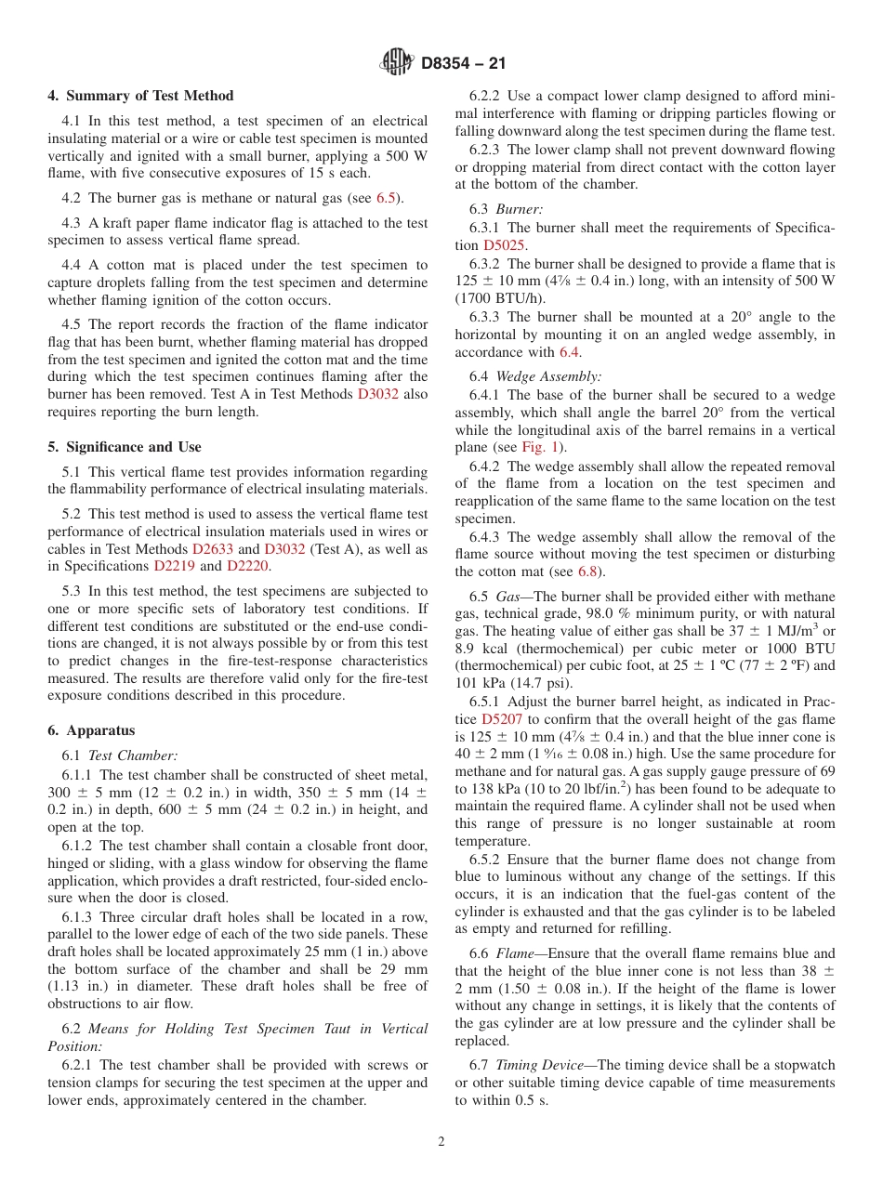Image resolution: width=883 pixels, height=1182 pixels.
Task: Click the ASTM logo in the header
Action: pyautogui.click(x=398, y=63)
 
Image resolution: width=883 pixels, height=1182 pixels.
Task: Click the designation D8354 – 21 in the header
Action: pyautogui.click(x=464, y=64)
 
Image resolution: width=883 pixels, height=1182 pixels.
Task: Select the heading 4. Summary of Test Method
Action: pyautogui.click(x=140, y=96)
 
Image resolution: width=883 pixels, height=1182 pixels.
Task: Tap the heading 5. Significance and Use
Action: pyautogui.click(x=124, y=447)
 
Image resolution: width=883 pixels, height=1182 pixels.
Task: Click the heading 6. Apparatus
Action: pyautogui.click(x=91, y=730)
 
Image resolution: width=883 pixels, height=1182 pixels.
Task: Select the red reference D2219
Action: pyautogui.click(x=174, y=566)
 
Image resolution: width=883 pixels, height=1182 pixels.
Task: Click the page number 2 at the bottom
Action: pyautogui.click(x=441, y=1142)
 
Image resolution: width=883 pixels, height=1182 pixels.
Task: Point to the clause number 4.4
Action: pyautogui.click(x=72, y=265)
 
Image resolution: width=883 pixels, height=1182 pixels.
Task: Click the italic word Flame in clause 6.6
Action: pyautogui.click(x=514, y=953)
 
